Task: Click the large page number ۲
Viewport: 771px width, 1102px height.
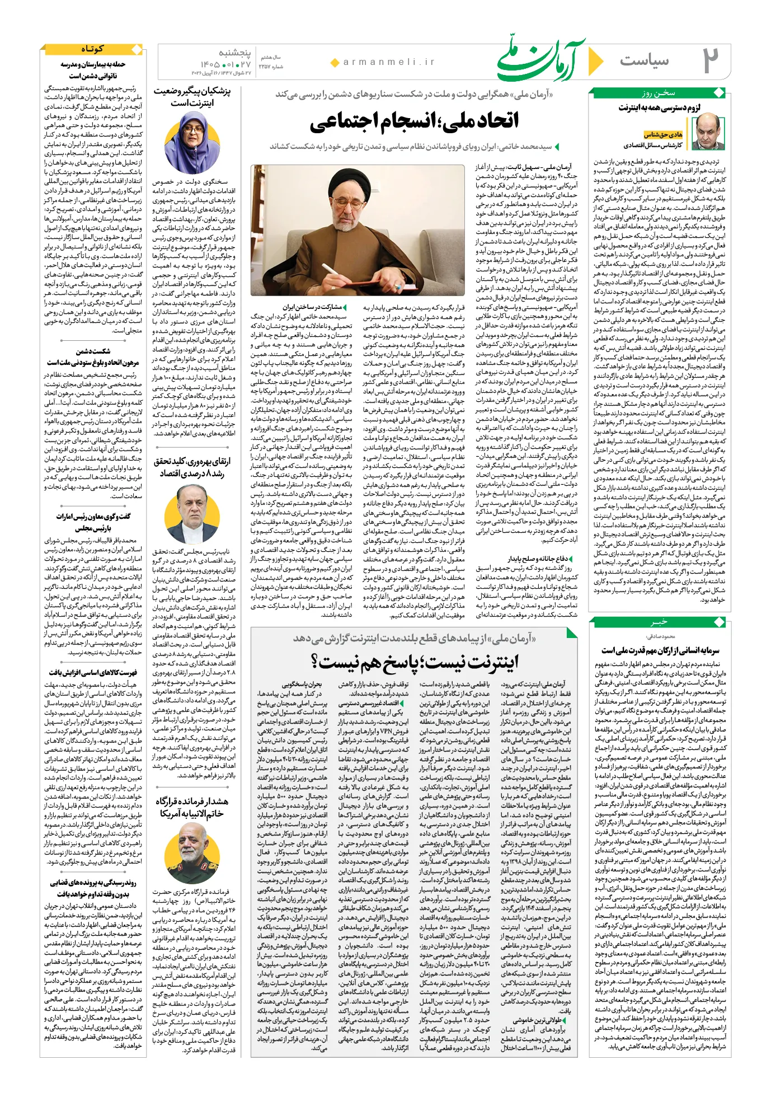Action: click(x=710, y=60)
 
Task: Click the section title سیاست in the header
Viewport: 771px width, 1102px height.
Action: click(x=644, y=60)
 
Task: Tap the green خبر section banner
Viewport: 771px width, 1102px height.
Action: click(x=659, y=622)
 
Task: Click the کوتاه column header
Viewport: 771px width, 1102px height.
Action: click(x=92, y=49)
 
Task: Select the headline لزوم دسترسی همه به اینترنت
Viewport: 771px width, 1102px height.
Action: click(x=659, y=108)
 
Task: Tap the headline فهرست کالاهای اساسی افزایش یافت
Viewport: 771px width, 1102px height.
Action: click(x=93, y=673)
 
